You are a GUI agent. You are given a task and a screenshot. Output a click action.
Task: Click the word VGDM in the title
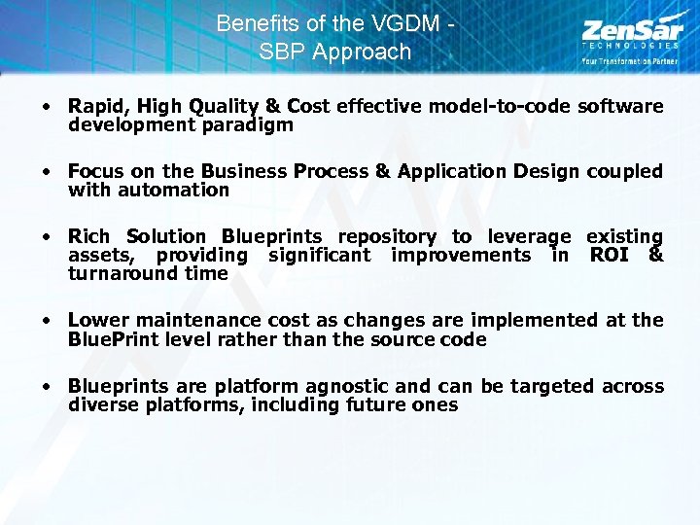tap(404, 22)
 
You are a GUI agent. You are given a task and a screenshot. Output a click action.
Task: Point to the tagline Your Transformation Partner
tap(630, 61)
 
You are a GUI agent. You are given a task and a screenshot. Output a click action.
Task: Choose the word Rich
tap(88, 236)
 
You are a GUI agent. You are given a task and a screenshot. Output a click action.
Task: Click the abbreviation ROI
tap(611, 255)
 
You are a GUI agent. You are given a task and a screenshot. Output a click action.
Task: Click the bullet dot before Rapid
tap(46, 107)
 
